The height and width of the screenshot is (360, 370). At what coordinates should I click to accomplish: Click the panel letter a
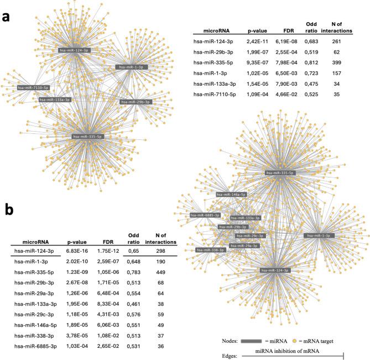(x=7, y=17)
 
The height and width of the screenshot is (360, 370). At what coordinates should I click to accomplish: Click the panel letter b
(x=9, y=209)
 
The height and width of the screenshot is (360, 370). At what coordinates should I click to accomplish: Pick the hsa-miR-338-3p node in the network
(x=211, y=250)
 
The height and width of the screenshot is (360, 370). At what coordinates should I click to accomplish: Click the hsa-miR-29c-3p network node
(x=249, y=236)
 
